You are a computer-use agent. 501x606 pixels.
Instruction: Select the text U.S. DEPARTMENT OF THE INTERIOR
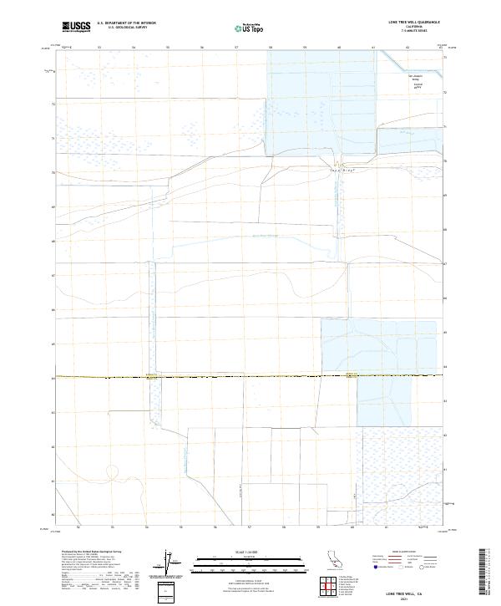[126, 23]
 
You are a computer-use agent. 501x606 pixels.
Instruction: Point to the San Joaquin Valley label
[415, 80]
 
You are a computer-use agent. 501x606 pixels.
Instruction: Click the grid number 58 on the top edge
[271, 47]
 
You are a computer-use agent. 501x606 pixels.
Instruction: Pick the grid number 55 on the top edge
[168, 47]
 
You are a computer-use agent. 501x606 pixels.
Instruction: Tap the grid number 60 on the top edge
[339, 47]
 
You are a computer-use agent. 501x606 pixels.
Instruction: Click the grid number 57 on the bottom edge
[250, 527]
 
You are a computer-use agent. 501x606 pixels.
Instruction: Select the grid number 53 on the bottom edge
[113, 527]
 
